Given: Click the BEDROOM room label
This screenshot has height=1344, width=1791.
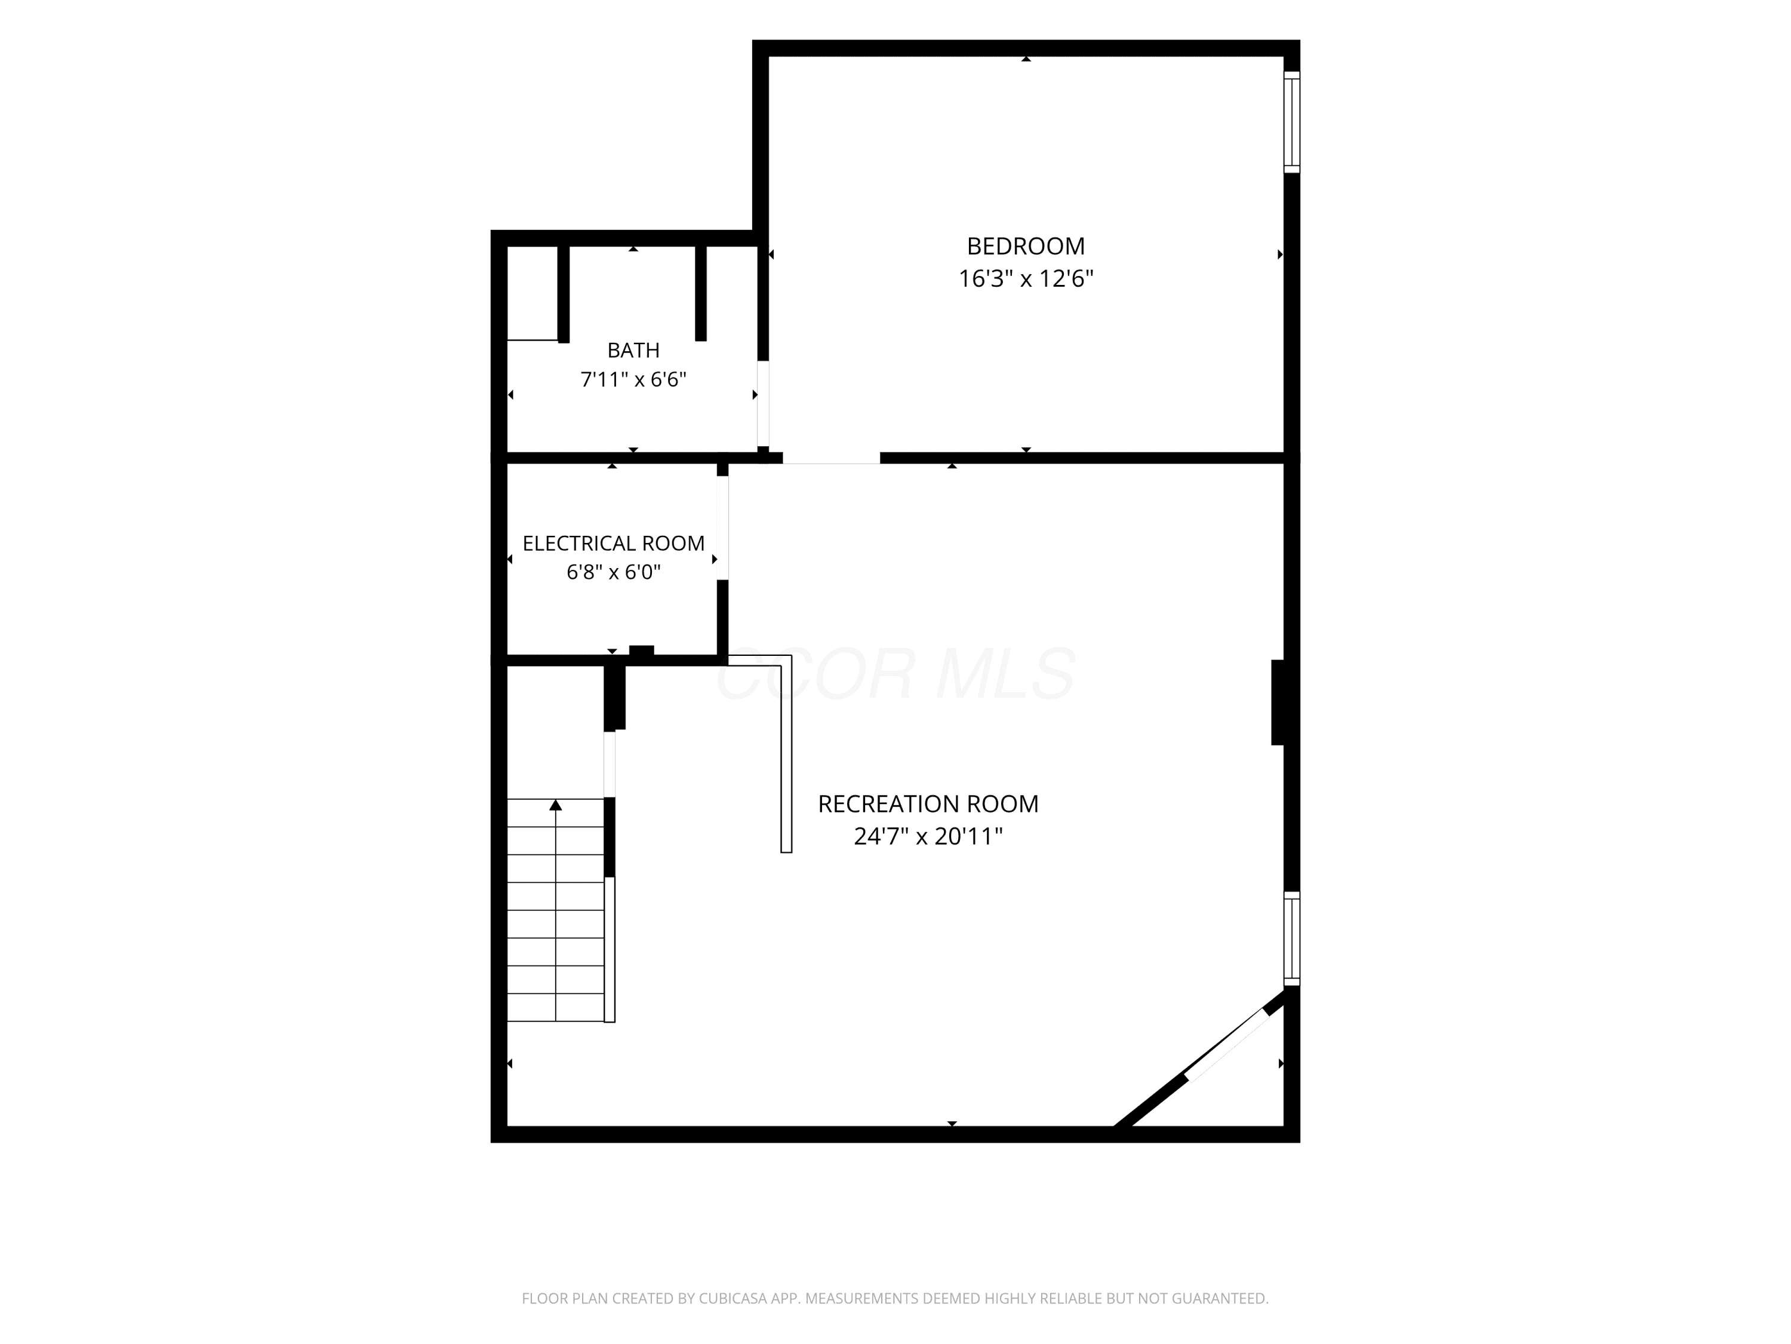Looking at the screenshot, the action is pos(1026,246).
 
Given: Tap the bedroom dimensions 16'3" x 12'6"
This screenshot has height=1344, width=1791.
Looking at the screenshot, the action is pos(1026,279).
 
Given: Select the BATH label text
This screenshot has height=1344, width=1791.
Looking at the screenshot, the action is pos(633,350).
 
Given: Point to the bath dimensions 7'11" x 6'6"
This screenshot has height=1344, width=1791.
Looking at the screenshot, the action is pos(633,379).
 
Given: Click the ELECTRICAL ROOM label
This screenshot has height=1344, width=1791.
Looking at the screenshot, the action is pos(614,543).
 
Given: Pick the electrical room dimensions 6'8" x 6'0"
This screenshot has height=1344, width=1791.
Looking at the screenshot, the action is pos(614,572).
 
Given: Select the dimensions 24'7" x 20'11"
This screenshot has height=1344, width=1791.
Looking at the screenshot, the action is pos(928,836).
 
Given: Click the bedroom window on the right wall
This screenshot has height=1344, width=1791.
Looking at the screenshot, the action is pos(1293,122).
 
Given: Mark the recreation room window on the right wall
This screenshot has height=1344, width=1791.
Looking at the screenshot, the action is pos(1293,938).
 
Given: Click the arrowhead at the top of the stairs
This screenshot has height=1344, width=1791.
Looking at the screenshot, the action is pos(555,805).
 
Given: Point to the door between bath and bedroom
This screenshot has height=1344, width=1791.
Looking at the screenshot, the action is pos(763,403).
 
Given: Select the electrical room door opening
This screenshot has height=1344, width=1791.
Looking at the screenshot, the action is pos(722,527).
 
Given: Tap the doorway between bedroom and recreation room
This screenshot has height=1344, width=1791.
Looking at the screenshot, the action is pos(831,458).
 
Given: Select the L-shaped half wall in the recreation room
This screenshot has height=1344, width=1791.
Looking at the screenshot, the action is pos(786,753).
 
